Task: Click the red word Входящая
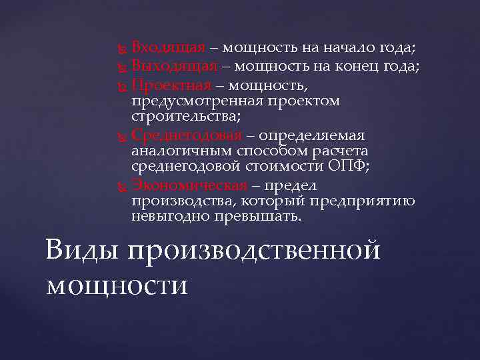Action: pyautogui.click(x=167, y=48)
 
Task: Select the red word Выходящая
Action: pyautogui.click(x=174, y=65)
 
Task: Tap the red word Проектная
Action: pyautogui.click(x=171, y=84)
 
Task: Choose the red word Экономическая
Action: pyautogui.click(x=189, y=185)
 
